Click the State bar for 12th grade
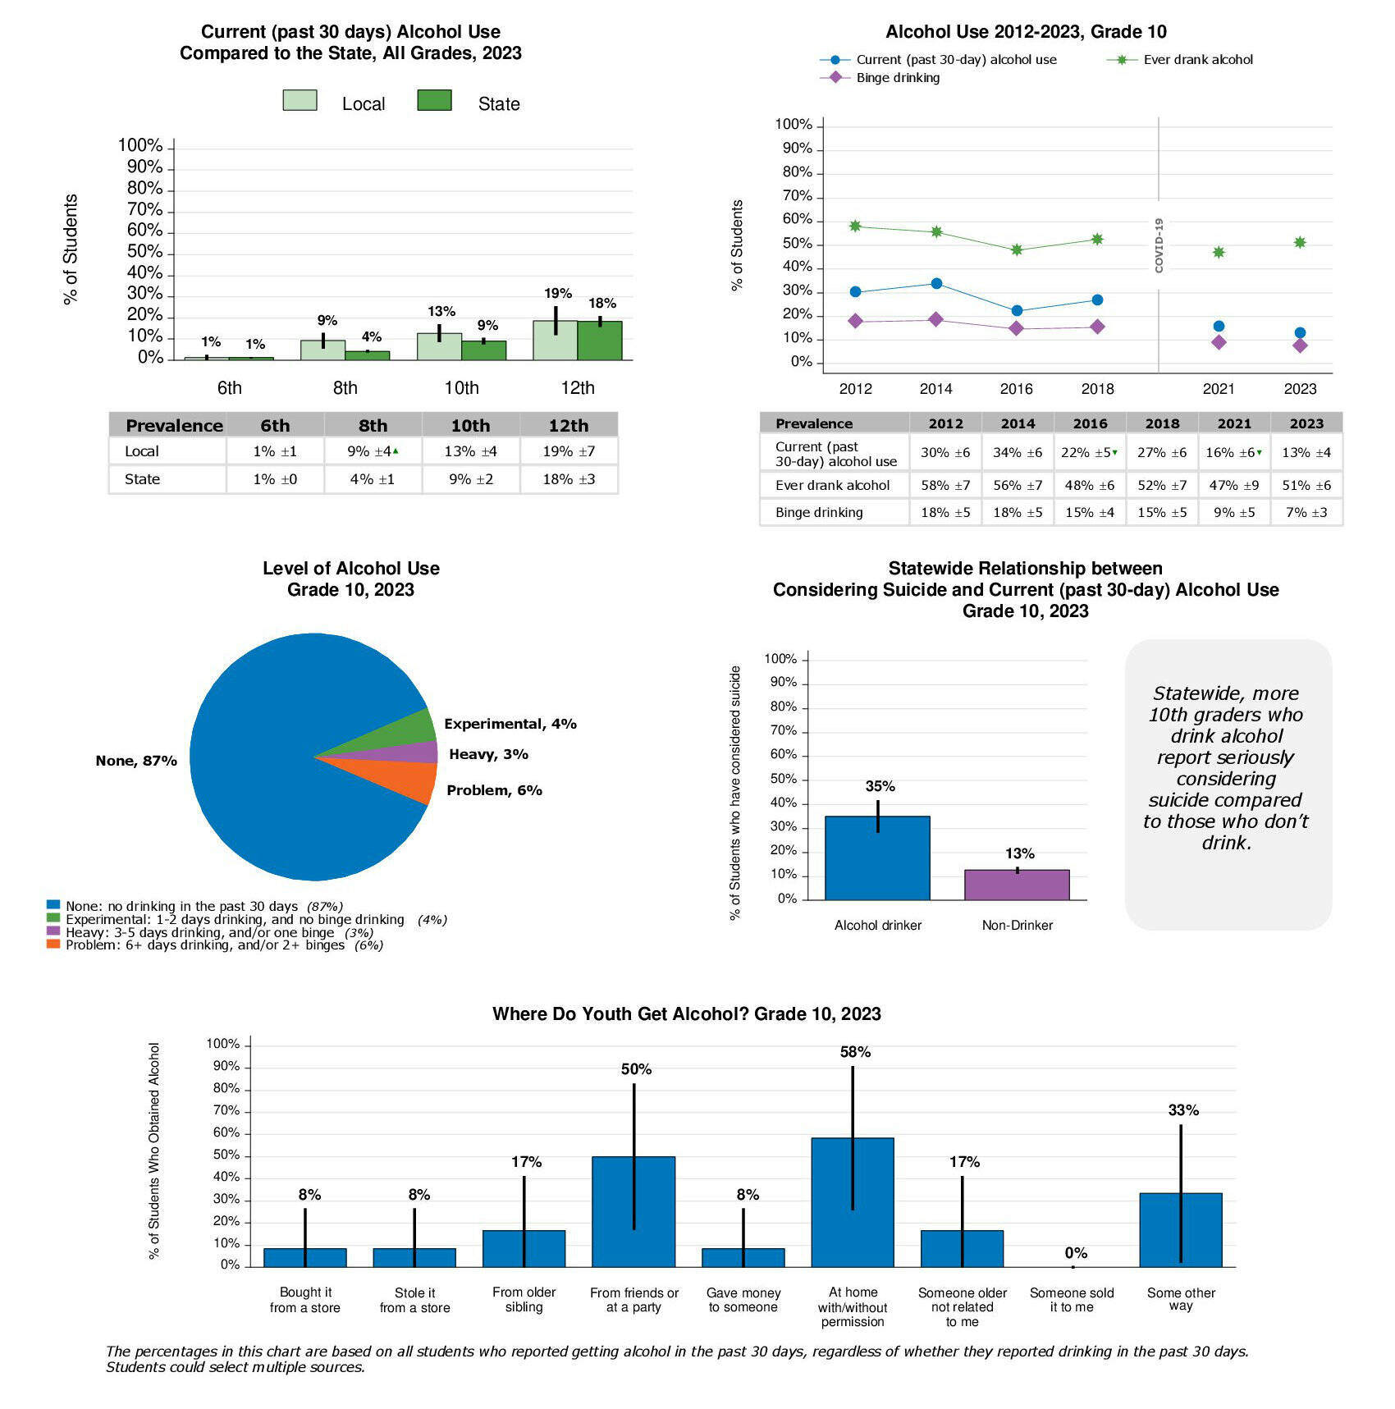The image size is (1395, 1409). [x=599, y=341]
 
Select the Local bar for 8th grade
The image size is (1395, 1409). [x=322, y=350]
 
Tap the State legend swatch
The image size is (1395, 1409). [x=434, y=100]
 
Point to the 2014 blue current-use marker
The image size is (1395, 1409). [x=936, y=284]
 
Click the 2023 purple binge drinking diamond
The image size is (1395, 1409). [x=1300, y=345]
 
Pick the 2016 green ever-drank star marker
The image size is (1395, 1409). [x=1017, y=249]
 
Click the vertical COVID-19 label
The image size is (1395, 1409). [x=1159, y=245]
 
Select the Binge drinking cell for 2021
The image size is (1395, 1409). [x=1234, y=512]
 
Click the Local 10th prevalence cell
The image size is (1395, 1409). [x=470, y=451]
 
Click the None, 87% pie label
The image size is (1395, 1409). [x=136, y=761]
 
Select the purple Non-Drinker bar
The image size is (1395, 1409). [x=1017, y=885]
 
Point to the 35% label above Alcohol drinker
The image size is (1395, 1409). [x=880, y=786]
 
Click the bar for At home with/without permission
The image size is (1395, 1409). [x=853, y=1202]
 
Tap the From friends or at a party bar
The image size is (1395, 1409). [x=633, y=1211]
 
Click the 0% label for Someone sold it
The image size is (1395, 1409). [x=1076, y=1253]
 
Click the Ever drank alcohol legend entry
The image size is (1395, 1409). [x=1197, y=60]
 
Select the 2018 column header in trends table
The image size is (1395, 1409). [x=1162, y=423]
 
